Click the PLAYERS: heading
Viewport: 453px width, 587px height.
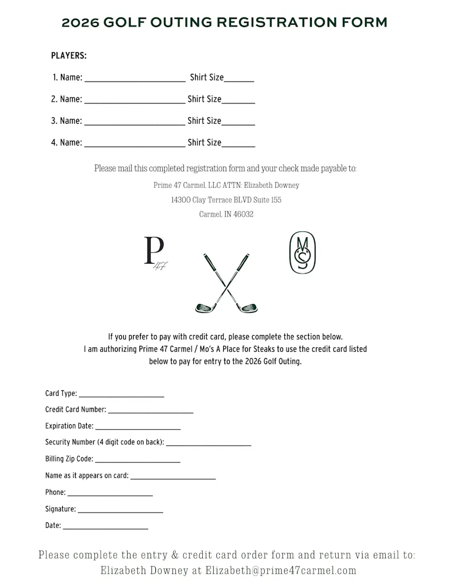pos(69,56)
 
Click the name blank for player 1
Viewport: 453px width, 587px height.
pos(135,79)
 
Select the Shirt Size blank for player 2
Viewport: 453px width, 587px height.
pos(239,100)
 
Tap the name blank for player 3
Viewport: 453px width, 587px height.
pos(135,122)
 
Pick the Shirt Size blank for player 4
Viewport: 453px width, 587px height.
pos(239,144)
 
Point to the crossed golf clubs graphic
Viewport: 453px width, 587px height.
pos(226,283)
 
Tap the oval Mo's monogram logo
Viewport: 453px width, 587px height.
pos(302,252)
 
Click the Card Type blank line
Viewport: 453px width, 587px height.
pos(121,395)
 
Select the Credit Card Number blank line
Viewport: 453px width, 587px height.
pos(151,411)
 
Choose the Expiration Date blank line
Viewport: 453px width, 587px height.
pos(138,427)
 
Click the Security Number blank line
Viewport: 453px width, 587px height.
pos(209,444)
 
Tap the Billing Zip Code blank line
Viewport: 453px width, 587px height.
pos(138,460)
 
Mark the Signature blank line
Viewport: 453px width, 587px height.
pos(120,510)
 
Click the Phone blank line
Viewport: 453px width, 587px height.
pos(110,494)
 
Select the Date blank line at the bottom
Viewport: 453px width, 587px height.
pos(105,527)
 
